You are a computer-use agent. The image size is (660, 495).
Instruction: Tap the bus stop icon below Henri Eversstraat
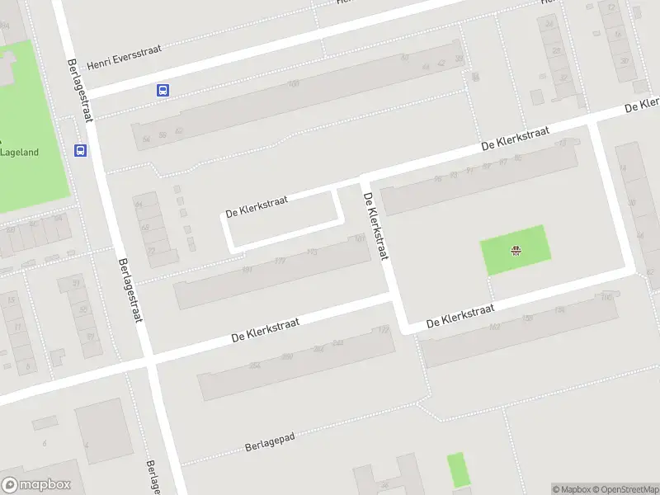click(x=163, y=91)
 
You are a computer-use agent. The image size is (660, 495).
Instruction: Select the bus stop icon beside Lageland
click(x=81, y=150)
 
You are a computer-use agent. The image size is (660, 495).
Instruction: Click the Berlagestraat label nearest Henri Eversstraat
click(x=81, y=91)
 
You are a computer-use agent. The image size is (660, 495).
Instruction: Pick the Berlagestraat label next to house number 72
click(x=130, y=290)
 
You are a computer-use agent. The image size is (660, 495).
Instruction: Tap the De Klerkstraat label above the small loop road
click(x=257, y=207)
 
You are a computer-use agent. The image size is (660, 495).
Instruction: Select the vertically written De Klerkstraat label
click(x=375, y=226)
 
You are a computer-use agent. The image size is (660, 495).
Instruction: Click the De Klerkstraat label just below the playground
click(x=460, y=317)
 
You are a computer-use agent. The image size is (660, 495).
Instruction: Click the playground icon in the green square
click(x=516, y=251)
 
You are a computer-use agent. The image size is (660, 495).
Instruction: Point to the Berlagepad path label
click(x=270, y=443)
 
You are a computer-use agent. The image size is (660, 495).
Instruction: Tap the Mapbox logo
click(x=36, y=485)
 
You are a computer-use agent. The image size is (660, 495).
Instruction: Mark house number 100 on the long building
click(x=292, y=84)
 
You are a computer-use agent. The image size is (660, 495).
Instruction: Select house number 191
click(x=247, y=269)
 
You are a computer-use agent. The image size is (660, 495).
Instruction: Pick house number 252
click(x=254, y=365)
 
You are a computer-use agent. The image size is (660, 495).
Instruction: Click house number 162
click(x=494, y=327)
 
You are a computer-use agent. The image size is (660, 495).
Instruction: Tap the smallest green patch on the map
click(x=456, y=469)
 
